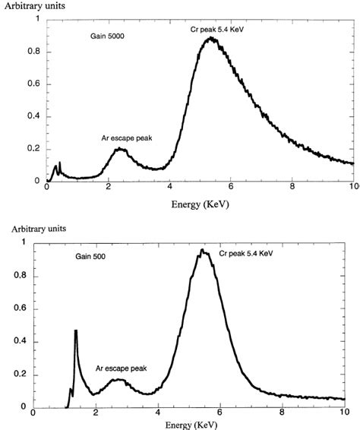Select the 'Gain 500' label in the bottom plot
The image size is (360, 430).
tap(90, 257)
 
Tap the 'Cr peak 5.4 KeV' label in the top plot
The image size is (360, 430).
tap(221, 29)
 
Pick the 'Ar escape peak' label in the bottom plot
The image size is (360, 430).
tap(121, 368)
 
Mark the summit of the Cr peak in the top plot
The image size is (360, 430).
tap(209, 38)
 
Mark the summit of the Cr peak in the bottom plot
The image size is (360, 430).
tap(202, 250)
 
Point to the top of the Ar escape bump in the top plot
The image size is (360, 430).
tap(119, 149)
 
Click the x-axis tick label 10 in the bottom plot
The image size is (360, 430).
tap(345, 413)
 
